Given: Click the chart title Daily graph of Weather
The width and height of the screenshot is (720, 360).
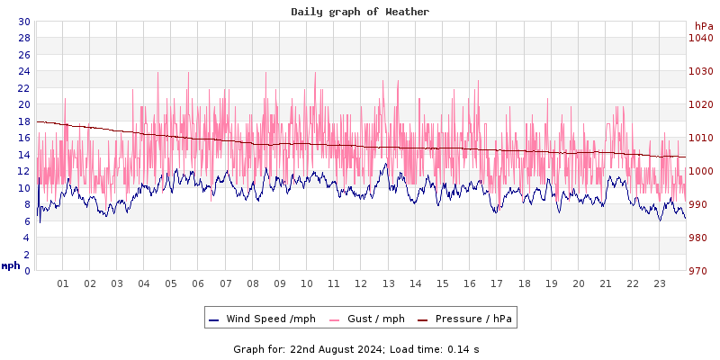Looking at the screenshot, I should pos(360,12).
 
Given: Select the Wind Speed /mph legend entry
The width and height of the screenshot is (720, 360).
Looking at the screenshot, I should pos(270,319).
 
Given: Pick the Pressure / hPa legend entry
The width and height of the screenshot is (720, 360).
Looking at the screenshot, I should pos(472,319).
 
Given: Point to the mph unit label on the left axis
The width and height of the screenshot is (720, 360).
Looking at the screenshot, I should pos(11,265).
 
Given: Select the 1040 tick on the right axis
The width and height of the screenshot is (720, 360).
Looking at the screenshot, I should pos(701,38).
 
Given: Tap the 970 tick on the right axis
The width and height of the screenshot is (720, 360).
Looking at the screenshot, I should pos(701,271).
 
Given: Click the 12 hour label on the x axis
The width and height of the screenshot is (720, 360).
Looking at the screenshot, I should pos(361,283).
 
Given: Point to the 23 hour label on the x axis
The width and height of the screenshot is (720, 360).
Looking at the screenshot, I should pos(660,283).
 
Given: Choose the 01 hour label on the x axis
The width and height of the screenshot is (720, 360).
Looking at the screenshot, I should pos(63,283).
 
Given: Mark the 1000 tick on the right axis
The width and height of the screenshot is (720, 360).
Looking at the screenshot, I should pos(701,171).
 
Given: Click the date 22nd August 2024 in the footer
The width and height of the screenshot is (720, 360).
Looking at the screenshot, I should pos(336,348).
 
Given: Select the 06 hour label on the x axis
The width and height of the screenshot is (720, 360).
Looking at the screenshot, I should pos(198,283).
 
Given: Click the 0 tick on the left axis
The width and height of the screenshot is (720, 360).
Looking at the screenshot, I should pos(26,271).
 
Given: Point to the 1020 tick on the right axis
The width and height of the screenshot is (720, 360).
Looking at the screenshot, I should pos(701,104).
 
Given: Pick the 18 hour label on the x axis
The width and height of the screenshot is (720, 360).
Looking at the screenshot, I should pos(524,283).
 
